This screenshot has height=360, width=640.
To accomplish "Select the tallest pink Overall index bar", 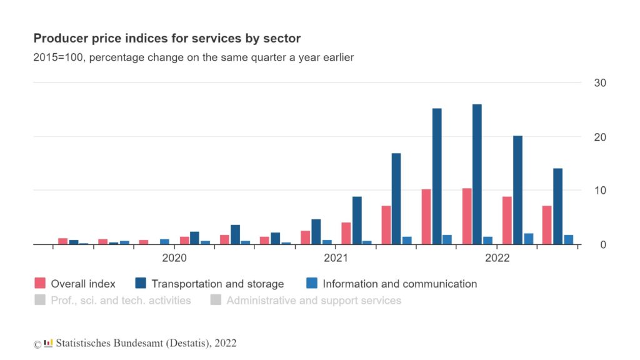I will [x=466, y=216].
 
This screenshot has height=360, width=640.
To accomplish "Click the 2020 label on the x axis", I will [x=174, y=257].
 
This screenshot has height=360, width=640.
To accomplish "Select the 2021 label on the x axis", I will [x=336, y=257].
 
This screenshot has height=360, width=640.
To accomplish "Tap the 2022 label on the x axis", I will [x=497, y=257].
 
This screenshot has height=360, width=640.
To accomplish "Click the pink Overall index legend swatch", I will [x=40, y=284].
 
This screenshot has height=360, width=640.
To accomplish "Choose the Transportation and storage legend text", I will [x=217, y=284].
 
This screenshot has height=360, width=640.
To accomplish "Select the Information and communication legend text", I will [x=399, y=284].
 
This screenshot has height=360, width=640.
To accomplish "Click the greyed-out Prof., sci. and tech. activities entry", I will [x=121, y=300].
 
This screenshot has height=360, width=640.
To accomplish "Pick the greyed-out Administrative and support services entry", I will [x=314, y=300].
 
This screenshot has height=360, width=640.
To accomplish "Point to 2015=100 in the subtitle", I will [x=57, y=57].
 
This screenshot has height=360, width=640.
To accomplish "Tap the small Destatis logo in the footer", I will [x=48, y=342].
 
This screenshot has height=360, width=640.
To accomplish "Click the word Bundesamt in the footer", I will [x=132, y=343].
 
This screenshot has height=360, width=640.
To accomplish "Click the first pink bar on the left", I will [x=62, y=241].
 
